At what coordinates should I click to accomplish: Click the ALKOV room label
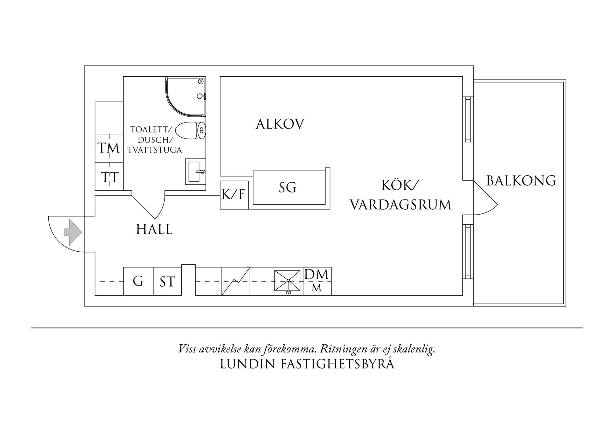click(x=280, y=124)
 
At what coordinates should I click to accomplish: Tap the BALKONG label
click(x=521, y=181)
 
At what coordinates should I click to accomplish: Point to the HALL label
click(x=154, y=230)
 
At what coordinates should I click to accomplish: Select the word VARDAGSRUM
click(x=400, y=205)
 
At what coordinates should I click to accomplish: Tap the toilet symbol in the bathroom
click(x=190, y=131)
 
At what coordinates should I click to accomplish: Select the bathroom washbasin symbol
click(x=195, y=171)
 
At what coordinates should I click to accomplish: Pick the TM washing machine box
click(x=109, y=148)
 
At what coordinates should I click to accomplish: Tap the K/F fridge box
click(x=234, y=195)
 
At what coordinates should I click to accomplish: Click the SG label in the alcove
click(x=287, y=188)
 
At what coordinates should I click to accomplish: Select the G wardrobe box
click(x=138, y=281)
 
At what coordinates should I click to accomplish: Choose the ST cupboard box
click(x=167, y=281)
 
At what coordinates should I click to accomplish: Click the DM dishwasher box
click(x=317, y=275)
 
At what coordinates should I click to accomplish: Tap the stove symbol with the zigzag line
click(x=236, y=281)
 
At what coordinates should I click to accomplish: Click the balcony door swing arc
click(x=490, y=203)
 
